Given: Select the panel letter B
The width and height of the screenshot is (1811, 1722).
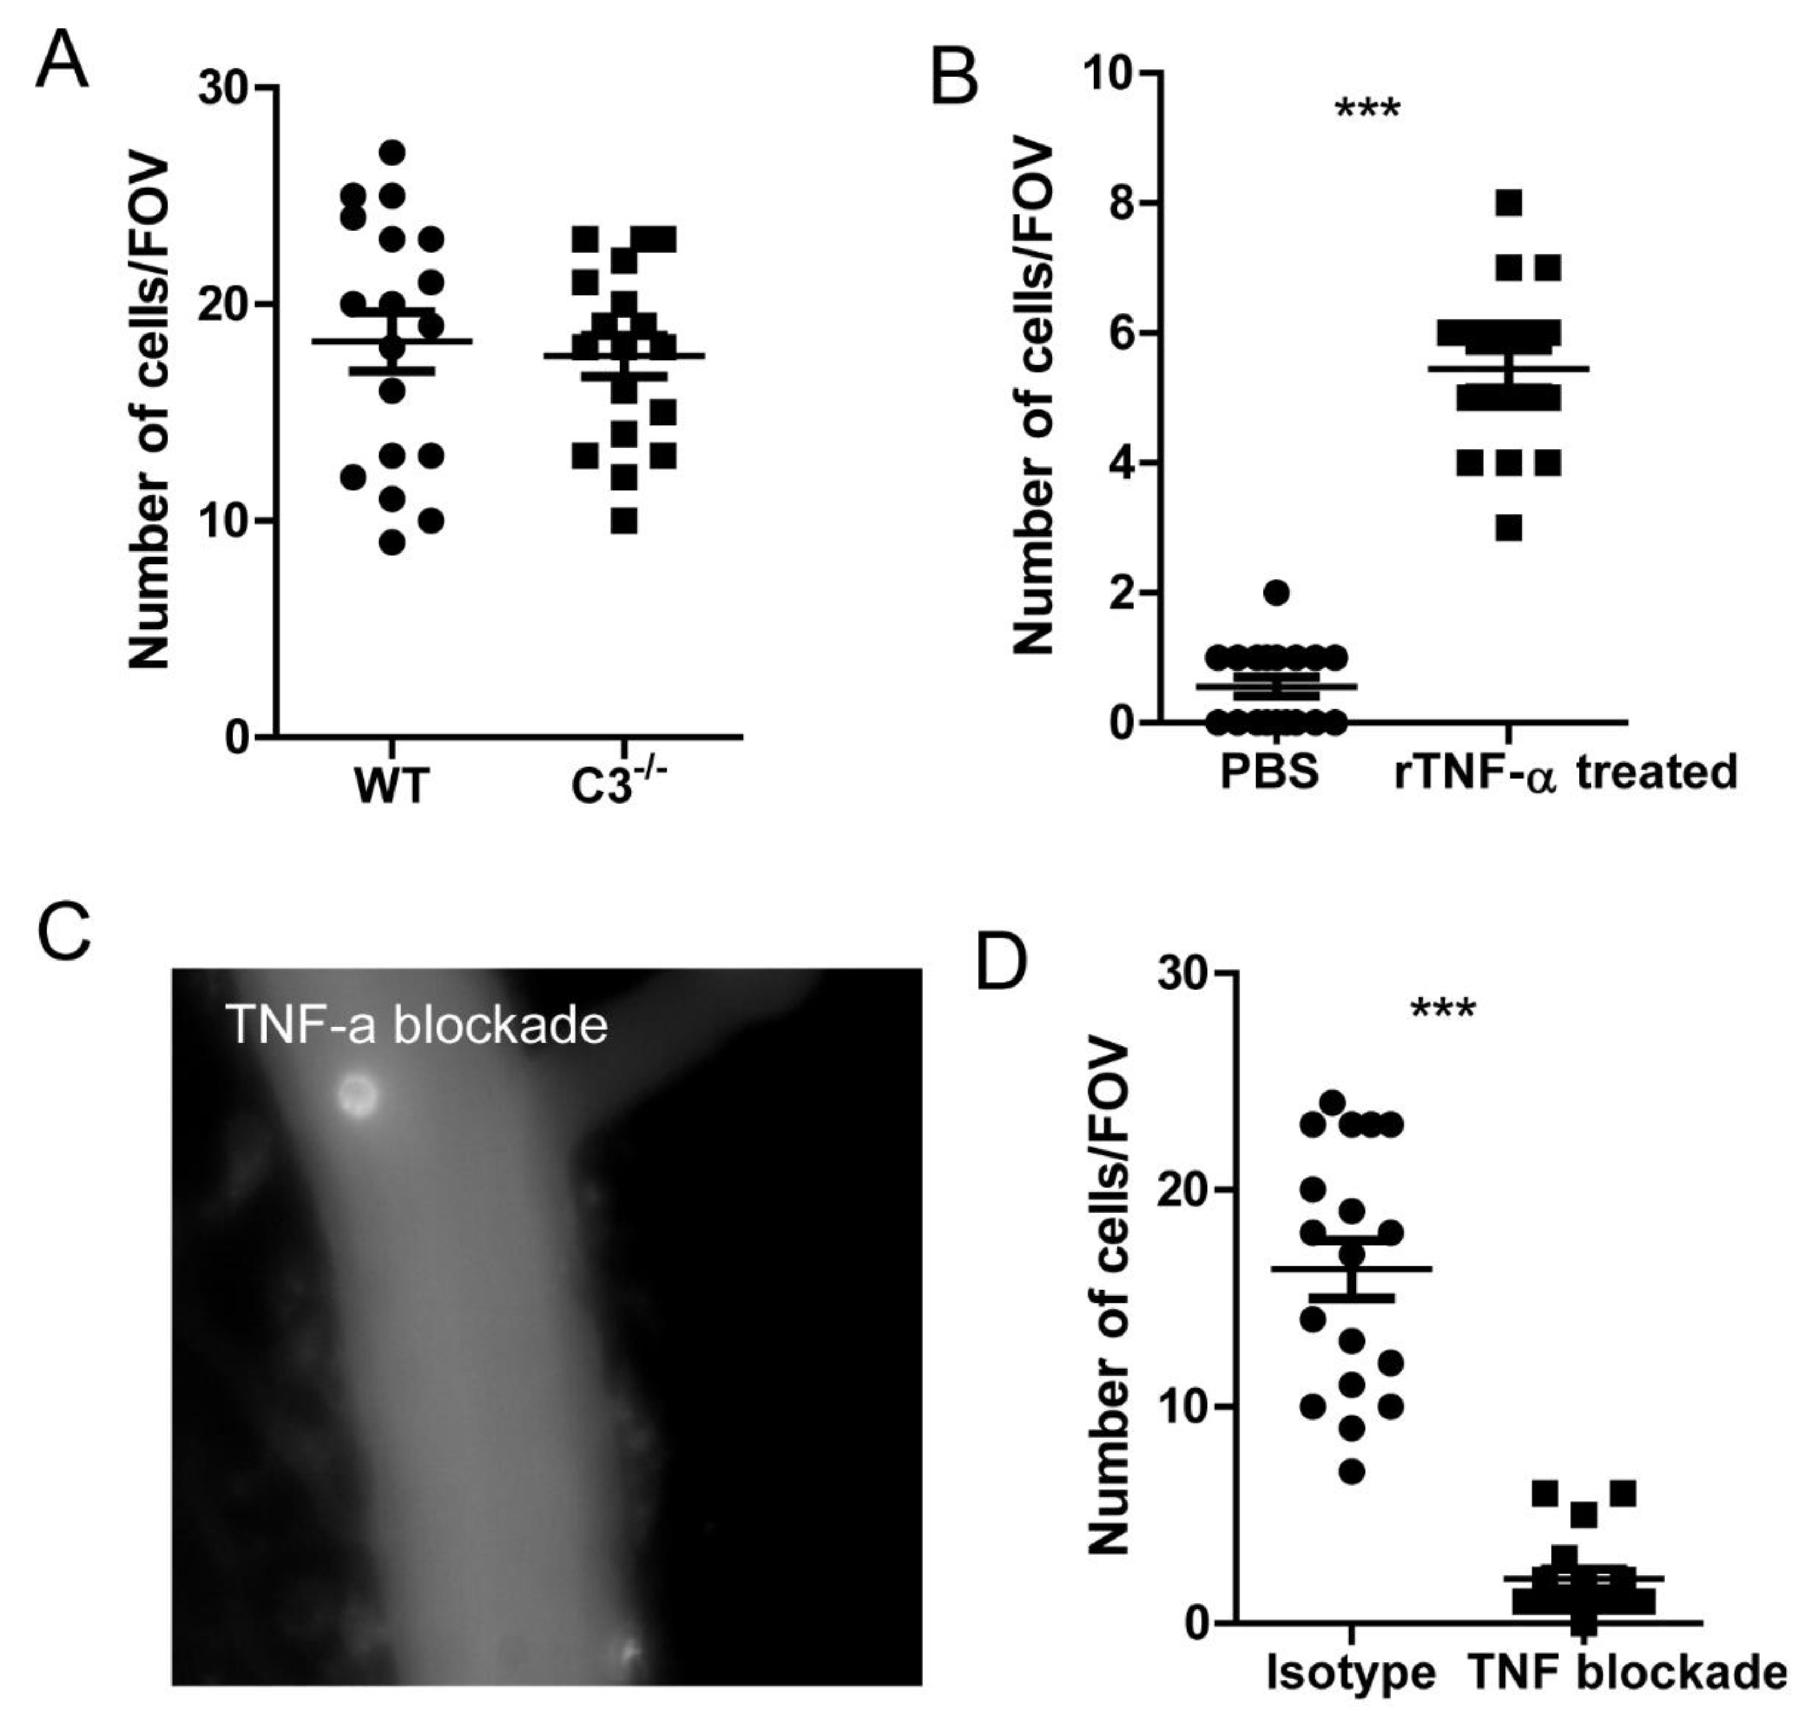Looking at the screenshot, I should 954,77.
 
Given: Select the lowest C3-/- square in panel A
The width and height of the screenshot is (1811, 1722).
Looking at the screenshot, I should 624,521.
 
